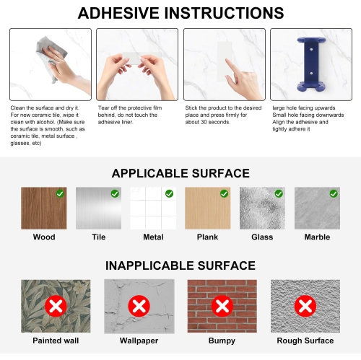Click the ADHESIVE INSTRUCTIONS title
[180, 14]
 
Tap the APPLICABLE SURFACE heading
[180, 173]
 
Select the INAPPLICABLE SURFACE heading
[180, 265]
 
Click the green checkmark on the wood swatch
[60, 193]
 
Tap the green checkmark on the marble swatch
[334, 193]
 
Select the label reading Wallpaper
[139, 340]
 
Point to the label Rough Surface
[305, 340]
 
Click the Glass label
[261, 237]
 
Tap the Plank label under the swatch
[207, 237]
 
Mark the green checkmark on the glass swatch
[279, 193]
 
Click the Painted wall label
[56, 340]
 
